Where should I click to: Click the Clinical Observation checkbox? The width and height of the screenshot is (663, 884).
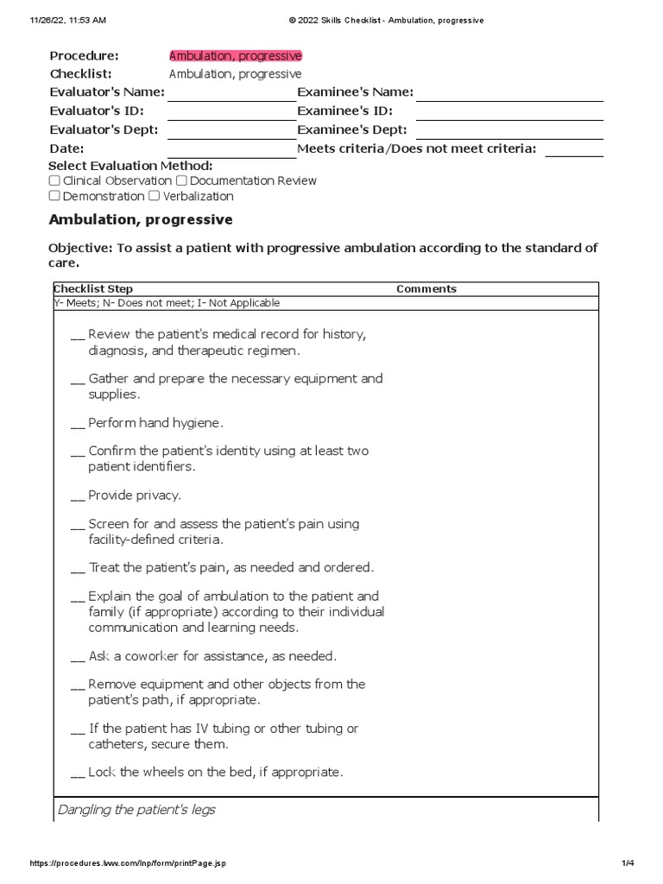tap(54, 181)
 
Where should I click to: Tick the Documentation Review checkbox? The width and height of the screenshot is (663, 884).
tap(181, 181)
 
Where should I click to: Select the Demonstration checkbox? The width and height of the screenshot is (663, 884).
tap(54, 196)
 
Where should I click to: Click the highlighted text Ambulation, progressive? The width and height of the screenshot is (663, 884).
tap(236, 56)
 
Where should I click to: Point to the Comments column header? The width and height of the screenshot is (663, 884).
tap(426, 289)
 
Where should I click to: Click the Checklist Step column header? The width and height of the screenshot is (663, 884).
tap(93, 289)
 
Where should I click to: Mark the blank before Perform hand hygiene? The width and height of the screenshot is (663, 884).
tap(78, 424)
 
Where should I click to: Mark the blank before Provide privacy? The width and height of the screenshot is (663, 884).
tap(78, 496)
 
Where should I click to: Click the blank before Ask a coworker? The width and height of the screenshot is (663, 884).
tap(78, 657)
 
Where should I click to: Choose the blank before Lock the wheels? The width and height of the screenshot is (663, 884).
tap(78, 773)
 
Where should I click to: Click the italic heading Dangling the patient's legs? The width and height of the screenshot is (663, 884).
tap(136, 810)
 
